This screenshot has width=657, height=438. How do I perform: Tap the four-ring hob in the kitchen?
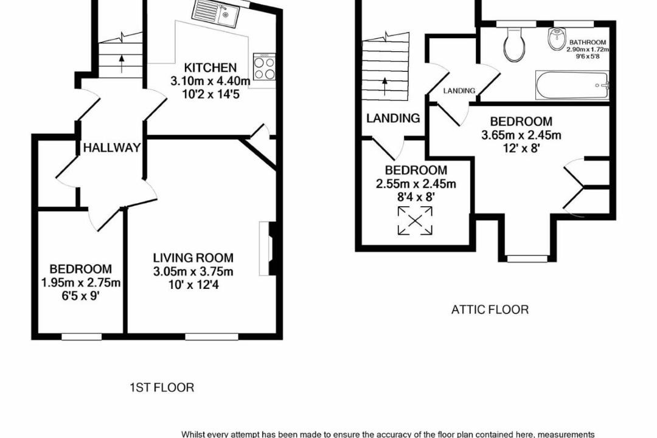coord(265,67)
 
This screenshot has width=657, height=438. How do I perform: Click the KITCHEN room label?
coord(210,68)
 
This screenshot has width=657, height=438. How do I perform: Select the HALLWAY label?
coord(111,148)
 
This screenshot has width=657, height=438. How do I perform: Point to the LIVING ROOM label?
coord(193,257)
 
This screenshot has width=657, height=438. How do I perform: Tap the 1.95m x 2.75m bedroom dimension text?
coord(81,283)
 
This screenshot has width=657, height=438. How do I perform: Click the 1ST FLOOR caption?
coord(162,388)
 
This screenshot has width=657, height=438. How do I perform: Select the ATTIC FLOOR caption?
coord(490,310)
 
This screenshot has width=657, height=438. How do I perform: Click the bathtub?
coord(572,86)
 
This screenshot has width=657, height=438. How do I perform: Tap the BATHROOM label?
coord(588,43)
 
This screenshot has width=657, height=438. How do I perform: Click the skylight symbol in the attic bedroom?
coord(414,220)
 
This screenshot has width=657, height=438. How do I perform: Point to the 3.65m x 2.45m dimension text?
coord(521,136)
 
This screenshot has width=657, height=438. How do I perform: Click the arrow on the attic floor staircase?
coord(384,86)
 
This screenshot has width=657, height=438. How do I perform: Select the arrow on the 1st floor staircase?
coord(122,63)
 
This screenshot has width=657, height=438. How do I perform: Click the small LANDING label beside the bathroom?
coord(459,91)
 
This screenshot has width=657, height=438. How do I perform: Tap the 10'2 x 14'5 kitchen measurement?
coord(210,94)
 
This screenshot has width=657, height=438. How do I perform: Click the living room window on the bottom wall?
coord(212,336)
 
